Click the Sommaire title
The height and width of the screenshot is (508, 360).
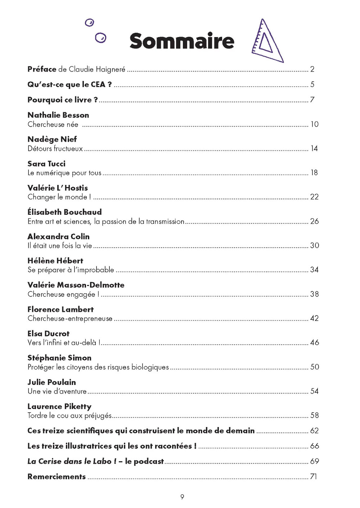tap(182, 41)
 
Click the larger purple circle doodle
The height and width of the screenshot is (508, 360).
tap(101, 38)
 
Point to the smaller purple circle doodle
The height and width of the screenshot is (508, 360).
tap(89, 23)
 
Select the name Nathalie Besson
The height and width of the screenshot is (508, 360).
tap(58, 115)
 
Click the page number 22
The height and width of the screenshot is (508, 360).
tap(314, 197)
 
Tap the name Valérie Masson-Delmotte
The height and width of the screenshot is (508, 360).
tap(76, 285)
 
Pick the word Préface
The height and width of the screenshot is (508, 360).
tap(42, 69)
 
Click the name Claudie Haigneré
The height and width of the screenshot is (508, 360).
tap(97, 69)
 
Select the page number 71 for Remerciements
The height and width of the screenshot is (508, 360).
tap(314, 477)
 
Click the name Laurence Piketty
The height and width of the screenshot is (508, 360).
tap(59, 407)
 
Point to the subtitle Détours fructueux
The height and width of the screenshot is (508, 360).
tap(55, 149)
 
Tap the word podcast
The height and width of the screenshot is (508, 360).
tap(149, 462)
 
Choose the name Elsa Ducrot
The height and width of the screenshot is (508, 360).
tap(49, 334)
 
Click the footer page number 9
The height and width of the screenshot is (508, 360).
tap(182, 497)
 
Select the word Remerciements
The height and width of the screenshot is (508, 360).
tap(57, 477)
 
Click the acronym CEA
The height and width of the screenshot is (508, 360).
tap(98, 85)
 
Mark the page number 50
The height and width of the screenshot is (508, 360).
tap(315, 367)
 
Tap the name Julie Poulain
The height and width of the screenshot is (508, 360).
tap(52, 382)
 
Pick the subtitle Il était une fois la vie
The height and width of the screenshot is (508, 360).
tap(60, 246)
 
